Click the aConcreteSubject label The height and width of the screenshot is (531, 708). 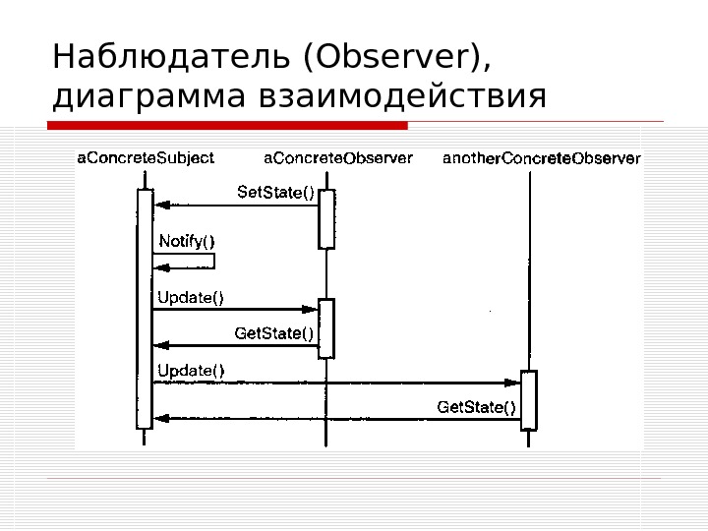[x=145, y=157]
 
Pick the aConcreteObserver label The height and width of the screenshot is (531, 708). [x=338, y=157]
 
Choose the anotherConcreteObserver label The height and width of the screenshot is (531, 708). [x=542, y=157]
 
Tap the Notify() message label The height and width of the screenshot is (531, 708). [x=186, y=240]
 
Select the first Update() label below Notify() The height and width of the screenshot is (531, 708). [x=191, y=298]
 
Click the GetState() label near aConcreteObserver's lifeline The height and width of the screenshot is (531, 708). [x=274, y=333]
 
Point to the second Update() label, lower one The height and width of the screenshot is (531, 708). [x=191, y=371]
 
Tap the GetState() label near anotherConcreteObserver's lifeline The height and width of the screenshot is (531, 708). [x=476, y=406]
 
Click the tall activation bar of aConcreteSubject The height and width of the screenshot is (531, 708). [x=145, y=309]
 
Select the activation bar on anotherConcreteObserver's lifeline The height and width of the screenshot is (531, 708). [x=529, y=400]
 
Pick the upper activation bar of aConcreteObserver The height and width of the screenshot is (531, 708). [x=326, y=218]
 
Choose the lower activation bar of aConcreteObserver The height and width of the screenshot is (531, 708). [x=326, y=327]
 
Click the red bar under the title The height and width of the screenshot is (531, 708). [x=227, y=126]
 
